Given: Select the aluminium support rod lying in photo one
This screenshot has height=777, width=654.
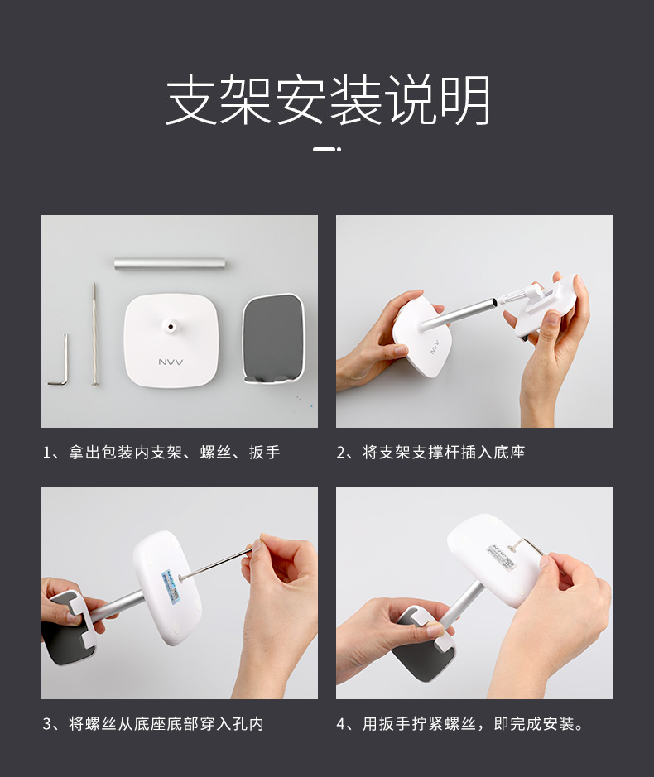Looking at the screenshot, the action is (170, 263).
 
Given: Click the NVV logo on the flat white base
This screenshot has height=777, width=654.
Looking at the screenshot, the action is (171, 362).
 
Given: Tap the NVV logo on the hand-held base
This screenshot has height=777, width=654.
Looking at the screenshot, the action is (435, 347).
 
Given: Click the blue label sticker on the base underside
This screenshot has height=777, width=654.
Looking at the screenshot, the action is (172, 586).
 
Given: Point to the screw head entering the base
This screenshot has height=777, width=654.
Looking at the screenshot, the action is (180, 578).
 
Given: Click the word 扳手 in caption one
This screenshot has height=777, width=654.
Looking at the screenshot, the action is (265, 453).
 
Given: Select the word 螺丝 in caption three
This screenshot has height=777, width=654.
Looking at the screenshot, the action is (101, 724).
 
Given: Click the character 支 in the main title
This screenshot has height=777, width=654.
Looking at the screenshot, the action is (190, 99).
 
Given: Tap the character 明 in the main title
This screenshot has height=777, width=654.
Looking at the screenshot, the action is (465, 99).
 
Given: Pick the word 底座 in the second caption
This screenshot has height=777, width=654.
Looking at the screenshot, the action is (509, 453).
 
